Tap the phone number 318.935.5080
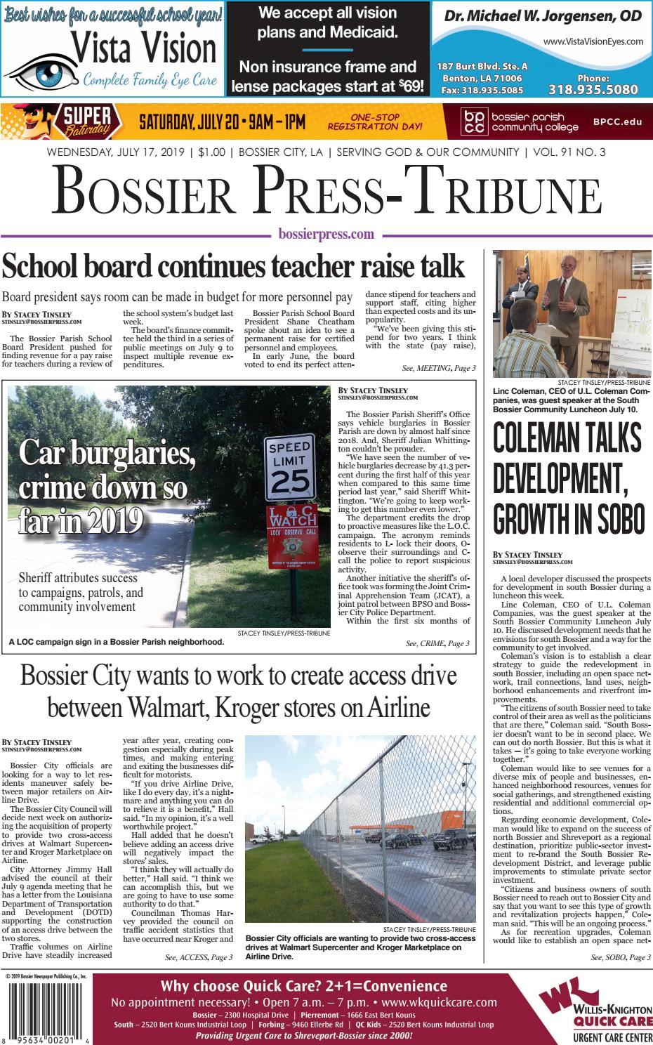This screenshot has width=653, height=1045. point(593,89)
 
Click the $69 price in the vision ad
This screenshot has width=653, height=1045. point(411,86)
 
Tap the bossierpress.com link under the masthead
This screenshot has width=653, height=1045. point(326,235)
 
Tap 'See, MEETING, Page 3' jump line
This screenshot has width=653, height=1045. point(439,368)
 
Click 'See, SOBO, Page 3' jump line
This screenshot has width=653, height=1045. point(620,957)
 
